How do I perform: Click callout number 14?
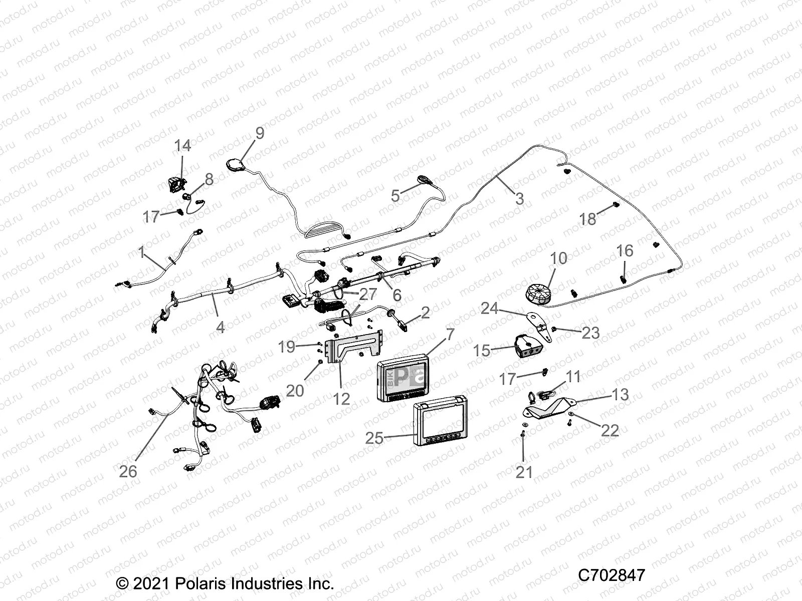pyautogui.click(x=182, y=146)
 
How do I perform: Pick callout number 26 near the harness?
pyautogui.click(x=128, y=471)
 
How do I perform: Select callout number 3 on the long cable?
pyautogui.click(x=519, y=199)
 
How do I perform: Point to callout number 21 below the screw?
pyautogui.click(x=524, y=471)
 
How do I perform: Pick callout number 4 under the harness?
pyautogui.click(x=220, y=327)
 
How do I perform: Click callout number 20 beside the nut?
pyautogui.click(x=295, y=390)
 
